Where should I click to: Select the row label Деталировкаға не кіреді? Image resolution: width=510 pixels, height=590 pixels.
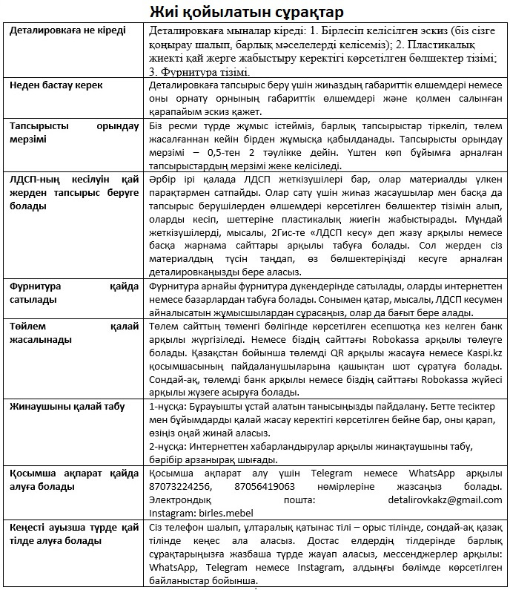click(x=67, y=30)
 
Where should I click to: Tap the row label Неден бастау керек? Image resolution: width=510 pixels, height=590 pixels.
click(x=56, y=85)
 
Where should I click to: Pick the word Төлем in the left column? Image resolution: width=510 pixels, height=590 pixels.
click(x=27, y=327)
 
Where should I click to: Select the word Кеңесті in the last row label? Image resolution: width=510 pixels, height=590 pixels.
click(x=29, y=527)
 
